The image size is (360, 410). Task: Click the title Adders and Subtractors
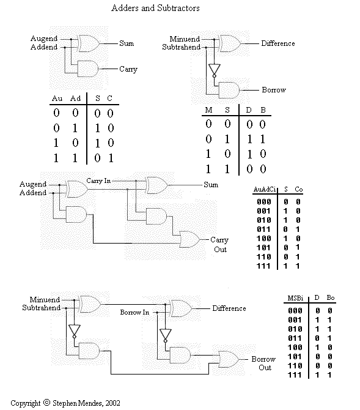point(155,8)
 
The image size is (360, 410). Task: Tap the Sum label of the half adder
point(127,43)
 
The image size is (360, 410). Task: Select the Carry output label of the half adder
point(128,69)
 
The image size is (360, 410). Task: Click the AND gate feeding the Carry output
point(88,69)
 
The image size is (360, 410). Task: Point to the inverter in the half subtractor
point(214,70)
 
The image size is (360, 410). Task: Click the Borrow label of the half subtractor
point(274,90)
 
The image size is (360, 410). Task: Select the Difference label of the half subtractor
point(278,43)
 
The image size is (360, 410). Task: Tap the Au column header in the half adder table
point(57,99)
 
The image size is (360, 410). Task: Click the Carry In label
point(98,181)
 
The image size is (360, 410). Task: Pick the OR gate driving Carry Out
point(190,239)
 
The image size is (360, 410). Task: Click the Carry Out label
point(219,245)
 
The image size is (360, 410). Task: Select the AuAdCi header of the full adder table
point(265,189)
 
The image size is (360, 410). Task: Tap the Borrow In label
point(134,312)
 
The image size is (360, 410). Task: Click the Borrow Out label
point(263,363)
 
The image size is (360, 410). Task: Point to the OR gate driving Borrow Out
point(229,359)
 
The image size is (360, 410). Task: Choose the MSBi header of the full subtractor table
point(295,298)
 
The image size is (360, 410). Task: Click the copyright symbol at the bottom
point(46,403)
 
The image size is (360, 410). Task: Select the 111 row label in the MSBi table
point(295,375)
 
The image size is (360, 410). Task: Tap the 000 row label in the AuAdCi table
point(264,201)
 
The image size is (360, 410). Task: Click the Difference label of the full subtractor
point(229,308)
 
